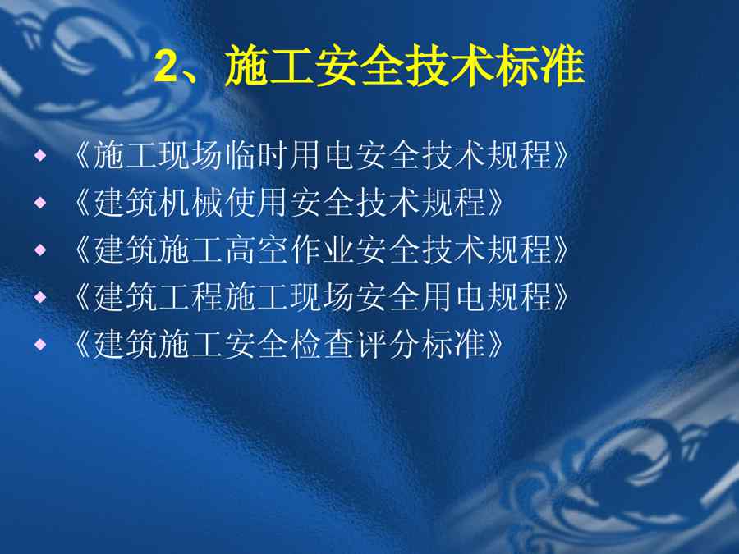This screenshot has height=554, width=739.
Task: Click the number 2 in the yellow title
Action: (165, 66)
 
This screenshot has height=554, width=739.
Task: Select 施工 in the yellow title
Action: (269, 66)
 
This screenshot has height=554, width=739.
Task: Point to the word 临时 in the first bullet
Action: (256, 155)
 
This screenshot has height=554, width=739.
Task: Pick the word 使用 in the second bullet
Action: (256, 202)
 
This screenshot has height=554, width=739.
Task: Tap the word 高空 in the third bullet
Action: (256, 250)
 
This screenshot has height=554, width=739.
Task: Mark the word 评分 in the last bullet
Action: (387, 344)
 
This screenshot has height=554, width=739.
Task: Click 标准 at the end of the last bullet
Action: (452, 344)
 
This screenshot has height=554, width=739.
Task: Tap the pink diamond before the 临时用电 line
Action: (40, 155)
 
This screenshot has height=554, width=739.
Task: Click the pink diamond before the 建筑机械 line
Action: (40, 202)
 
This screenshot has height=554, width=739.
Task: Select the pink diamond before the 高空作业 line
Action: (40, 250)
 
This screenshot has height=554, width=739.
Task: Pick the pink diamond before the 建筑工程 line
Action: (40, 297)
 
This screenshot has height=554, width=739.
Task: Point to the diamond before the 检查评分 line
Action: (40, 344)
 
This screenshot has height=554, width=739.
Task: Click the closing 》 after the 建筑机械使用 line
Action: (495, 202)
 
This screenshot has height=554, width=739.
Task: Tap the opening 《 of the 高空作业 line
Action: (82, 250)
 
